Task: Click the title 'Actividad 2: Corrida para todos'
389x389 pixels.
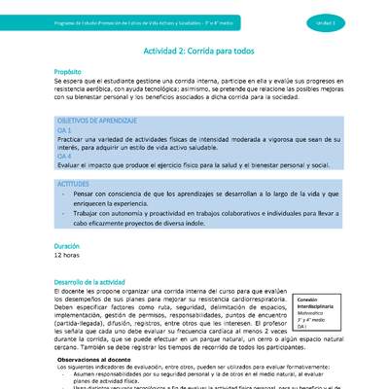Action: pos(194,47)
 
